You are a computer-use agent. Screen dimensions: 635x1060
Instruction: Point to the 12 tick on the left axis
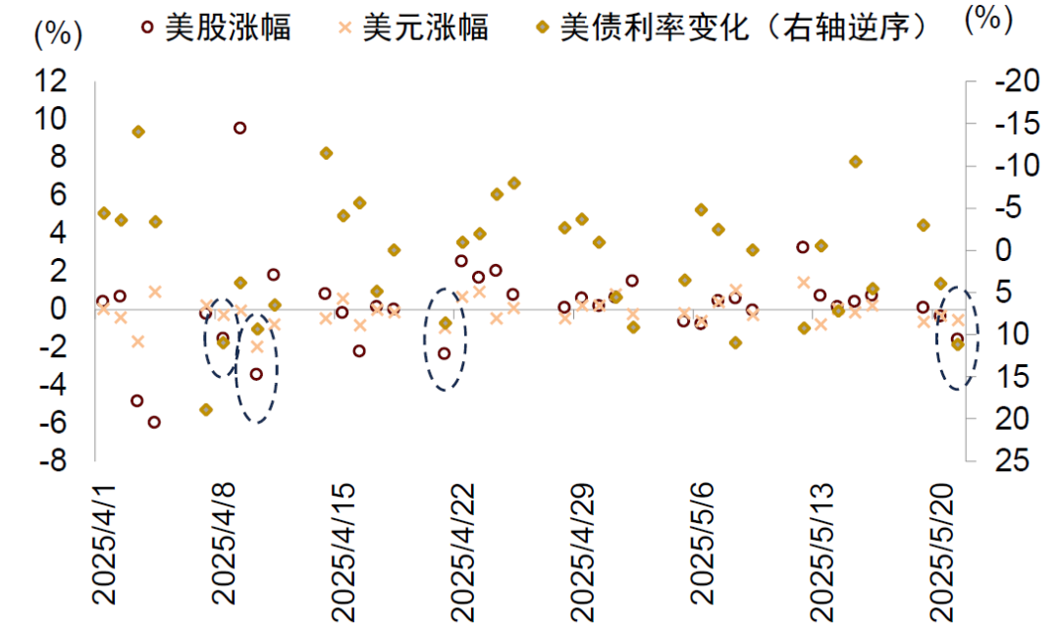[54, 81]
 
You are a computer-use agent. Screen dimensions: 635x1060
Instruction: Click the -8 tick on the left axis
[54, 459]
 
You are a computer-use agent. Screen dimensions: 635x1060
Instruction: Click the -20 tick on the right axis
[1012, 83]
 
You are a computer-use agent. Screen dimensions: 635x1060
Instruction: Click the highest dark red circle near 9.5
[239, 128]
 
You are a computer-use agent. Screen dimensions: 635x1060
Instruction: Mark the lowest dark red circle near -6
[154, 422]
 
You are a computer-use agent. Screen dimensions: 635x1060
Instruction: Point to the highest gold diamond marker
[138, 132]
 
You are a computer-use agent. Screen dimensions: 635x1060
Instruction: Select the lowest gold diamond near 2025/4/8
[206, 409]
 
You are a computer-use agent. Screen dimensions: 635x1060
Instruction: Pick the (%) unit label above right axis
[987, 21]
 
